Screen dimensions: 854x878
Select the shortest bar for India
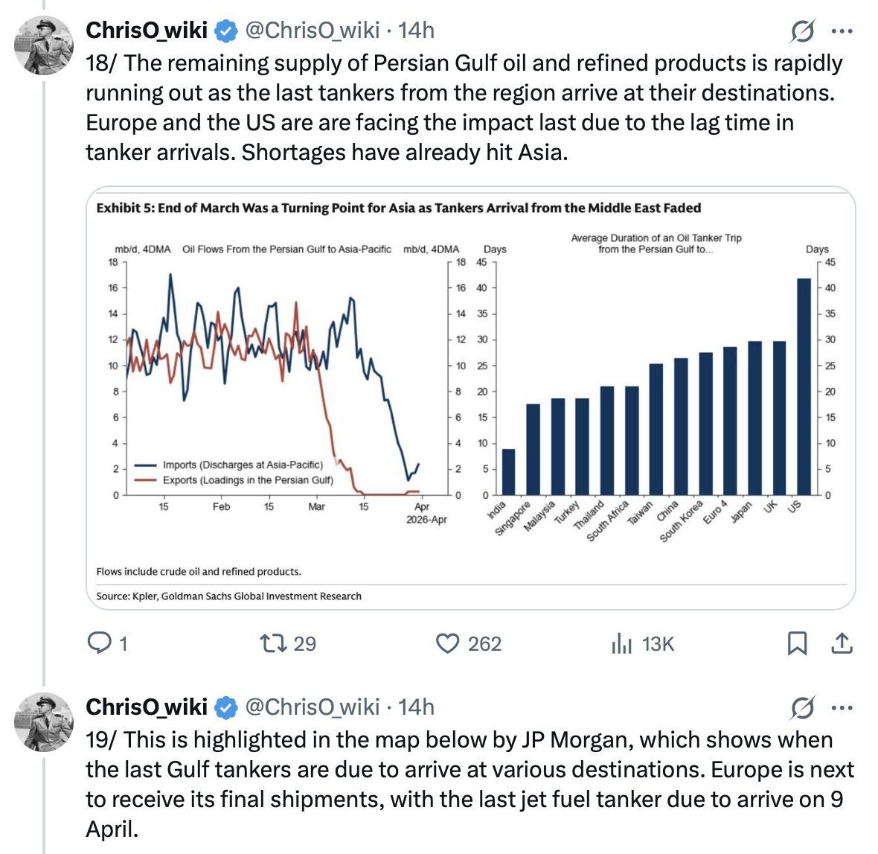coord(508,471)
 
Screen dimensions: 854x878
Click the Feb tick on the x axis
coord(221,507)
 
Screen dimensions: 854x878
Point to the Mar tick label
coord(316,507)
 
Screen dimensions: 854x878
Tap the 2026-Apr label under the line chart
coord(426,520)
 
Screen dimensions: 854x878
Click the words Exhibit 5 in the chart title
coord(123,208)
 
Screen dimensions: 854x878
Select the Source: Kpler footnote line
coord(228,596)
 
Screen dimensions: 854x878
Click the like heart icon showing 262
coord(446,643)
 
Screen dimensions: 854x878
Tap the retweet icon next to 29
coord(272,643)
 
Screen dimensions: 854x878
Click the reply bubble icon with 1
coord(99,643)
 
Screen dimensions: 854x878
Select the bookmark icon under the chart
coord(797,643)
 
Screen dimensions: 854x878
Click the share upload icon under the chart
coord(841,643)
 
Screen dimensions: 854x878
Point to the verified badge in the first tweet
coord(226,31)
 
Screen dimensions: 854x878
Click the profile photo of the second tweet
coord(44,721)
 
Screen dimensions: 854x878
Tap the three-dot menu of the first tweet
coord(842,31)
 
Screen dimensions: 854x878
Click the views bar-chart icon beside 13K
coord(621,644)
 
